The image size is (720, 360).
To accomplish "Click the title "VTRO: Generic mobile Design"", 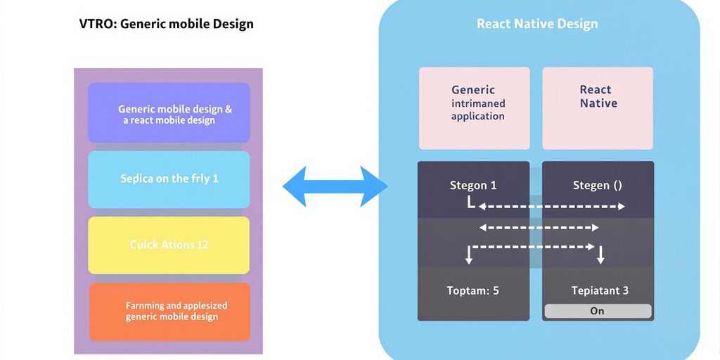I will pos(166,24).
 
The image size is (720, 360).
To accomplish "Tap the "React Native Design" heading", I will pos(537,24).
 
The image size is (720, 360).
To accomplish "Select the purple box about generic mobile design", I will pos(169,112).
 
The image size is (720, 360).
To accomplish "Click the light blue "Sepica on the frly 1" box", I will pos(169,179).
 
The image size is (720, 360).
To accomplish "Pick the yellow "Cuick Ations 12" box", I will pos(169,245).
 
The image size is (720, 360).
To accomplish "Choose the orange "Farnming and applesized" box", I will pos(169,311).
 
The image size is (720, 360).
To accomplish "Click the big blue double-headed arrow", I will pos(335,186).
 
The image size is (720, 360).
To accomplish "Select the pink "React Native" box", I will pos(598,97).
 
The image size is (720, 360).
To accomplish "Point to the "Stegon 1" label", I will pos(473,186).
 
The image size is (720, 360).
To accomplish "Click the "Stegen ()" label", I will pos(597,186).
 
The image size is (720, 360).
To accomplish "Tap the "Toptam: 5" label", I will pos(473,290).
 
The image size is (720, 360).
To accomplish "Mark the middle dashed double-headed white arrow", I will pos(539,227).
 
